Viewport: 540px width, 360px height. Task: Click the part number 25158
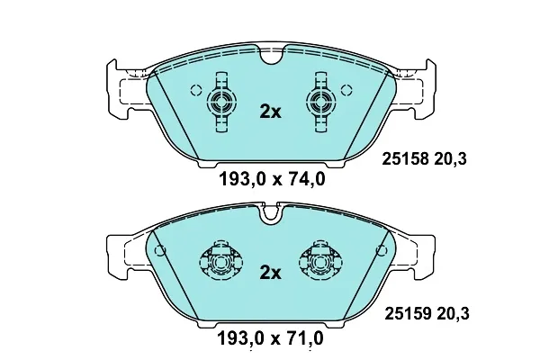point(406,159)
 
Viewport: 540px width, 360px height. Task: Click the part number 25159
point(408,314)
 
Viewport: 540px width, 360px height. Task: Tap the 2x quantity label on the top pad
point(270,112)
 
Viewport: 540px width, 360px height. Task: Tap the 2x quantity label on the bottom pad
point(270,273)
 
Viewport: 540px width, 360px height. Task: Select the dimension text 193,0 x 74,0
point(272,179)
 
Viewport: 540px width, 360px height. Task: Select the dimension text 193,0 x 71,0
point(271,338)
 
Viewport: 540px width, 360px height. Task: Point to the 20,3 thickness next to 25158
point(451,159)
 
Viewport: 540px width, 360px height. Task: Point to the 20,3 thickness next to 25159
point(453,314)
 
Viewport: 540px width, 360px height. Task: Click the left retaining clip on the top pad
point(221,102)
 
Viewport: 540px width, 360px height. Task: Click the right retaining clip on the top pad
point(321,102)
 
